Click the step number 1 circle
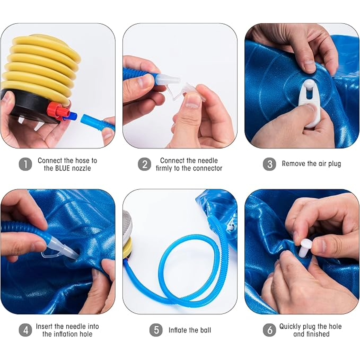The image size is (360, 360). pyautogui.click(x=25, y=164)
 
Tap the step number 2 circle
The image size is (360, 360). pyautogui.click(x=144, y=164)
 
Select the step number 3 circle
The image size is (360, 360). pyautogui.click(x=269, y=164)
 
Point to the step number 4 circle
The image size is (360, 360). pyautogui.click(x=25, y=330)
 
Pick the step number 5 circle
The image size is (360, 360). pyautogui.click(x=156, y=330)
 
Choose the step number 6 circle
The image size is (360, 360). pyautogui.click(x=269, y=330)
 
